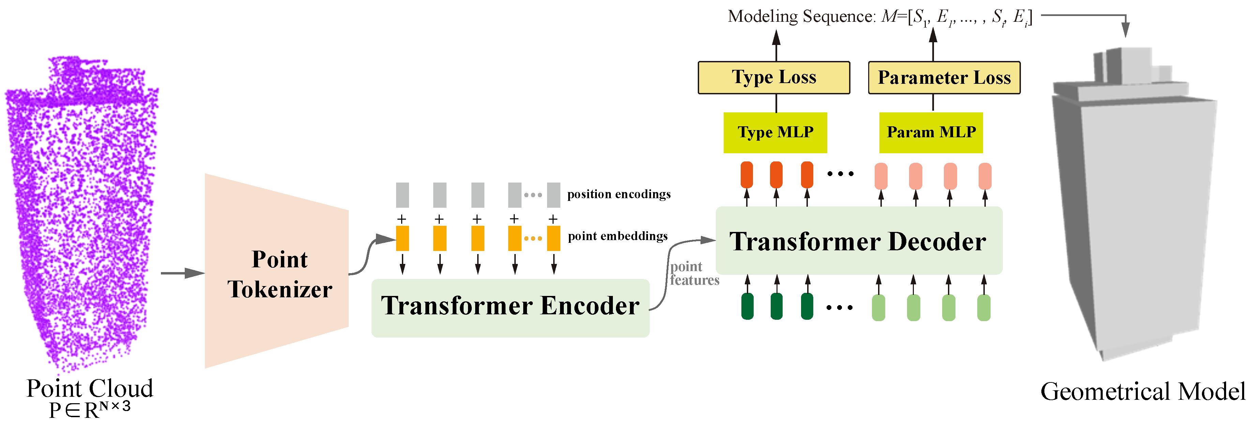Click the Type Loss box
coord(774,78)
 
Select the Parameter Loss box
coord(944,78)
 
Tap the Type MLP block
coord(775,132)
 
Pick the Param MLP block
coord(931,132)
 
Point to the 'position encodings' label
coord(618,194)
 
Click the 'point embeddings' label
coord(617,236)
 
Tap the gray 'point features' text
coord(694,273)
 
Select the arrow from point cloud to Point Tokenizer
coord(182,273)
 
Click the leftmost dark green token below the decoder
coord(747,306)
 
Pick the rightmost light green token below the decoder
coord(983,308)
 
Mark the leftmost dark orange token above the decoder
coord(746,175)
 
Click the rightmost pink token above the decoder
coord(985,176)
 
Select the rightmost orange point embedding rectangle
coord(553,238)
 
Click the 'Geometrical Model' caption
coord(1143,392)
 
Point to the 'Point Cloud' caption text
coord(90,389)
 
